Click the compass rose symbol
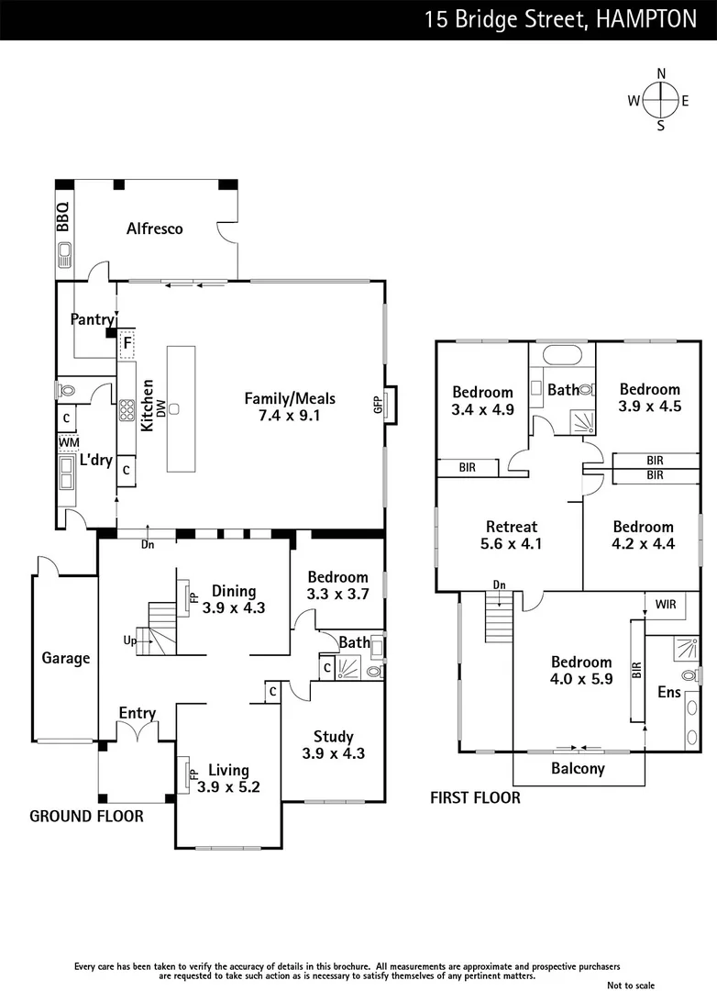point(659,101)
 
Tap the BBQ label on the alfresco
point(62,217)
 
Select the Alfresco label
point(154,228)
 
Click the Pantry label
point(93,319)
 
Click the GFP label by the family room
point(377,405)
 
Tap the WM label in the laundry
point(68,443)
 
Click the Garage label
point(66,658)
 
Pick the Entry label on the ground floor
point(137,713)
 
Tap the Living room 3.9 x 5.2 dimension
point(228,786)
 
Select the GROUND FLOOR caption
point(86,816)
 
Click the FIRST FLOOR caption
point(475,797)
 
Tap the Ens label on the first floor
point(669,692)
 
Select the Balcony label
point(578,769)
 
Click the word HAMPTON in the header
point(645,19)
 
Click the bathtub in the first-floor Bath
point(562,356)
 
